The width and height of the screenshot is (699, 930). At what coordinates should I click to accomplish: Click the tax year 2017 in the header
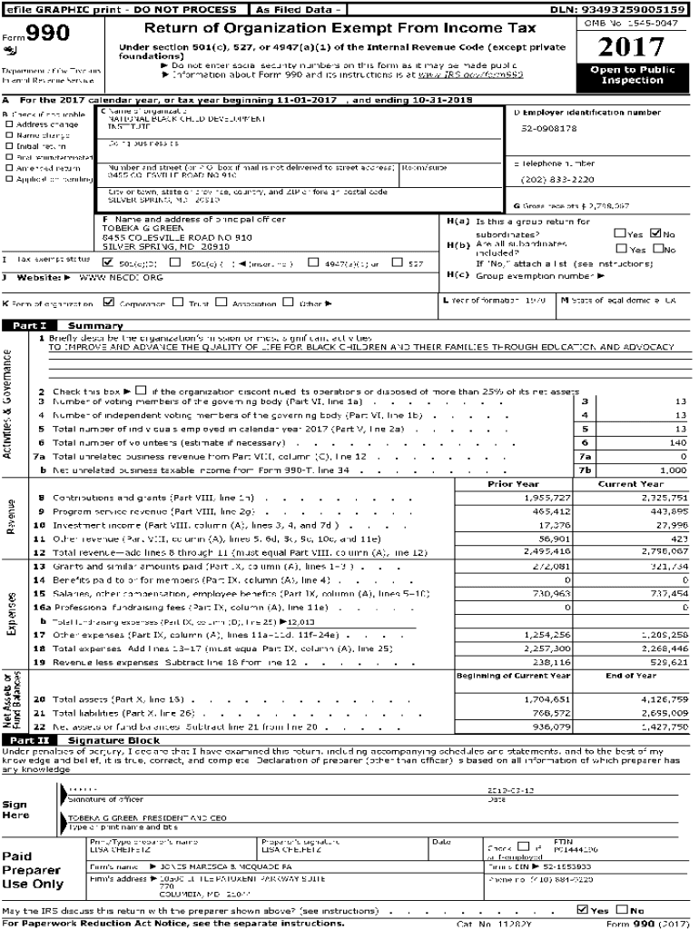632,47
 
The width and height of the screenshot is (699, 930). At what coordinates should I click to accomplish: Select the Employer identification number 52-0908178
548,128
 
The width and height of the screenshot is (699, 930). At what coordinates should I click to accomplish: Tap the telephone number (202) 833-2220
558,179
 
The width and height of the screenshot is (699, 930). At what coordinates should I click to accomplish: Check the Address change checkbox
9,124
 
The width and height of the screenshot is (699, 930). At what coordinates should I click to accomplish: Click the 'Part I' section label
30,325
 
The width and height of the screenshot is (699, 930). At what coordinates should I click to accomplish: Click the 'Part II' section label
30,740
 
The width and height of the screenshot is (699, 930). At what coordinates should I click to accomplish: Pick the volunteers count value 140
676,441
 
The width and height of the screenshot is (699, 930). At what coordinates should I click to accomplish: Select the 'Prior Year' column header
513,484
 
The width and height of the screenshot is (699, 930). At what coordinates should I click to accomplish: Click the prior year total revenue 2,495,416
547,551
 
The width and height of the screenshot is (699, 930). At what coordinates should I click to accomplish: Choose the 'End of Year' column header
631,675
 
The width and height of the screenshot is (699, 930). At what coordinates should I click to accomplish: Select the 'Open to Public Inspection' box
632,75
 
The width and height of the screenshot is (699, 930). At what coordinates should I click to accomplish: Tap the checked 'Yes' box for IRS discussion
582,909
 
